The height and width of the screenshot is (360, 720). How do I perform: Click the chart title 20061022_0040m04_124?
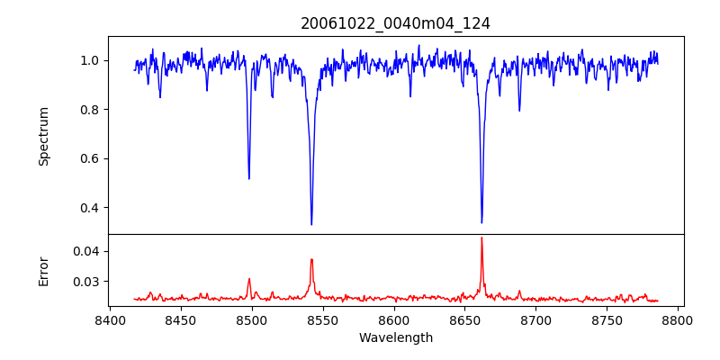click(x=395, y=23)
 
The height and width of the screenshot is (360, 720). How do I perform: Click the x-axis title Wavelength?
click(x=395, y=337)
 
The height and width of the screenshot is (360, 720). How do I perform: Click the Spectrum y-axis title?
click(x=44, y=136)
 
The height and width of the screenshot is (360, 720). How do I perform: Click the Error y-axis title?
click(x=44, y=270)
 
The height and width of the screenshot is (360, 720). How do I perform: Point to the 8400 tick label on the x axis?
click(x=110, y=319)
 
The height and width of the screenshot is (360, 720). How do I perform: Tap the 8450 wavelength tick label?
click(x=181, y=319)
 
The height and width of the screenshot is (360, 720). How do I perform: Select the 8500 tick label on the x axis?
click(x=252, y=319)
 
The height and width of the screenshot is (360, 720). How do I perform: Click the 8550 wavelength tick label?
click(x=323, y=319)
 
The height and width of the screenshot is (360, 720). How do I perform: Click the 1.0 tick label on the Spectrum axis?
click(x=90, y=61)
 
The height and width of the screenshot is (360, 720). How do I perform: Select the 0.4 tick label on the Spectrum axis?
click(x=90, y=208)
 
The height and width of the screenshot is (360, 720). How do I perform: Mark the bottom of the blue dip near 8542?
click(x=311, y=224)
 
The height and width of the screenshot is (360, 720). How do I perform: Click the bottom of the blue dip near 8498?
click(x=249, y=178)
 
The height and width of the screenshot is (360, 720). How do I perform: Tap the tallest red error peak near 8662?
click(x=481, y=238)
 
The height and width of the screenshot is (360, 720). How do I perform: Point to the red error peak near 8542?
click(x=311, y=259)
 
